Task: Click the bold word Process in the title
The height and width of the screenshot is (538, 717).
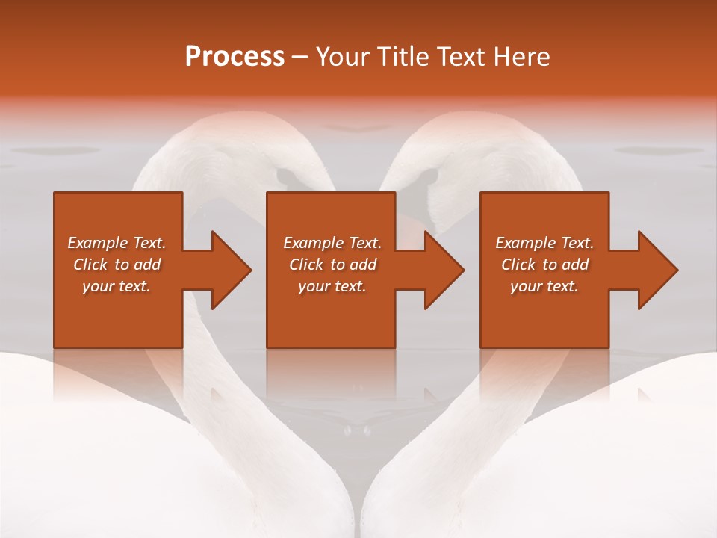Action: (235, 57)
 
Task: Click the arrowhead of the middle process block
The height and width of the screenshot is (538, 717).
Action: (443, 270)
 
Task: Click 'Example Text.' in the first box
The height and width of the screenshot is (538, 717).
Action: (117, 243)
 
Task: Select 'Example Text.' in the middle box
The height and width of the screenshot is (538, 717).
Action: (332, 243)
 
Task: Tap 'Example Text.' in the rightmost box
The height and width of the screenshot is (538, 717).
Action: (544, 243)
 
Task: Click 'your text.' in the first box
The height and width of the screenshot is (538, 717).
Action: (117, 286)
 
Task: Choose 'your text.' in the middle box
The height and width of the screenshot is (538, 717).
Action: (332, 286)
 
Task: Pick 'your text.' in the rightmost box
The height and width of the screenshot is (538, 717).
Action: (544, 286)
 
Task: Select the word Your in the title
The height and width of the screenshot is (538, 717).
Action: (341, 57)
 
